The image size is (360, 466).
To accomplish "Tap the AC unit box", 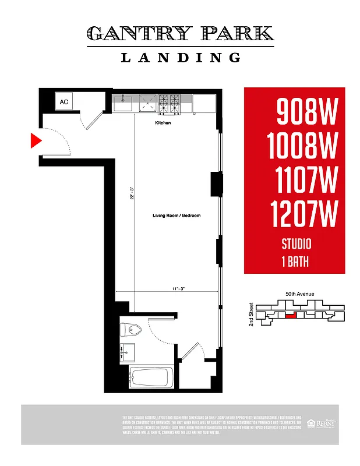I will point(64,102).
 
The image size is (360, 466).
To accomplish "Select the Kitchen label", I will point(163,123).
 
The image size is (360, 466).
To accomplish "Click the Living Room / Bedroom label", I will point(176,216).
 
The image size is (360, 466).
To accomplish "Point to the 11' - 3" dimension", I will point(178,288).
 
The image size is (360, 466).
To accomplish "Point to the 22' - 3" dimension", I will point(132,192).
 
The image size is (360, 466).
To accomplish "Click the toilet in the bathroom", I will point(132,330).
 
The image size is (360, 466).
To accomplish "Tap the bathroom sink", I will point(127,352).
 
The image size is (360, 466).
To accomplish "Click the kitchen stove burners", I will point(168,103).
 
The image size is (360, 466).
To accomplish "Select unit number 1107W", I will point(303,181).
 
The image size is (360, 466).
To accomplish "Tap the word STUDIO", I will point(297,244).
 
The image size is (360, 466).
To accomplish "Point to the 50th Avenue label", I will point(299,294).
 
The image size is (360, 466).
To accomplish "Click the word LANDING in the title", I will point(180,57).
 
